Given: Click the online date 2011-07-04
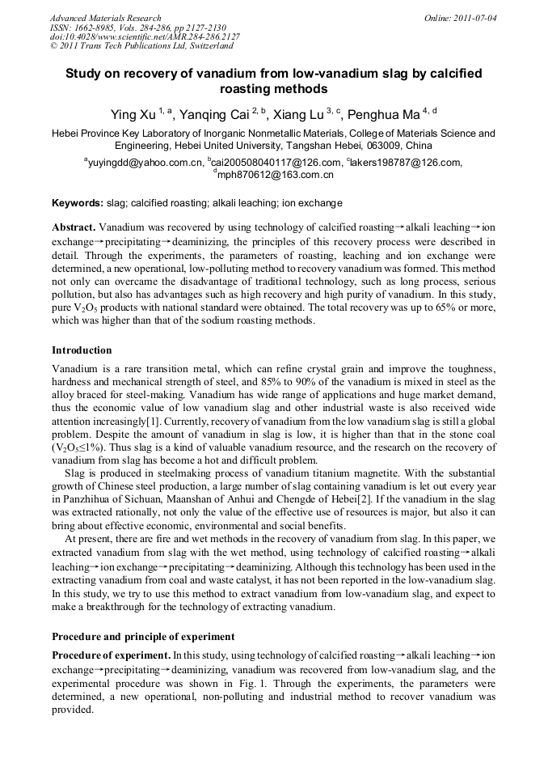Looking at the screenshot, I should click(x=474, y=18).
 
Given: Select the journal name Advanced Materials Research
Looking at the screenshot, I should click(x=105, y=18).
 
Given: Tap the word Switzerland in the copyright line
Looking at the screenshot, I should click(x=204, y=47).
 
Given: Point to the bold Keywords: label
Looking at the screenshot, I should click(x=78, y=203).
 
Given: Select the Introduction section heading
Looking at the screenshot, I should click(x=82, y=350).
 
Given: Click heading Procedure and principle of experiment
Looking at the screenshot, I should click(x=143, y=636).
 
